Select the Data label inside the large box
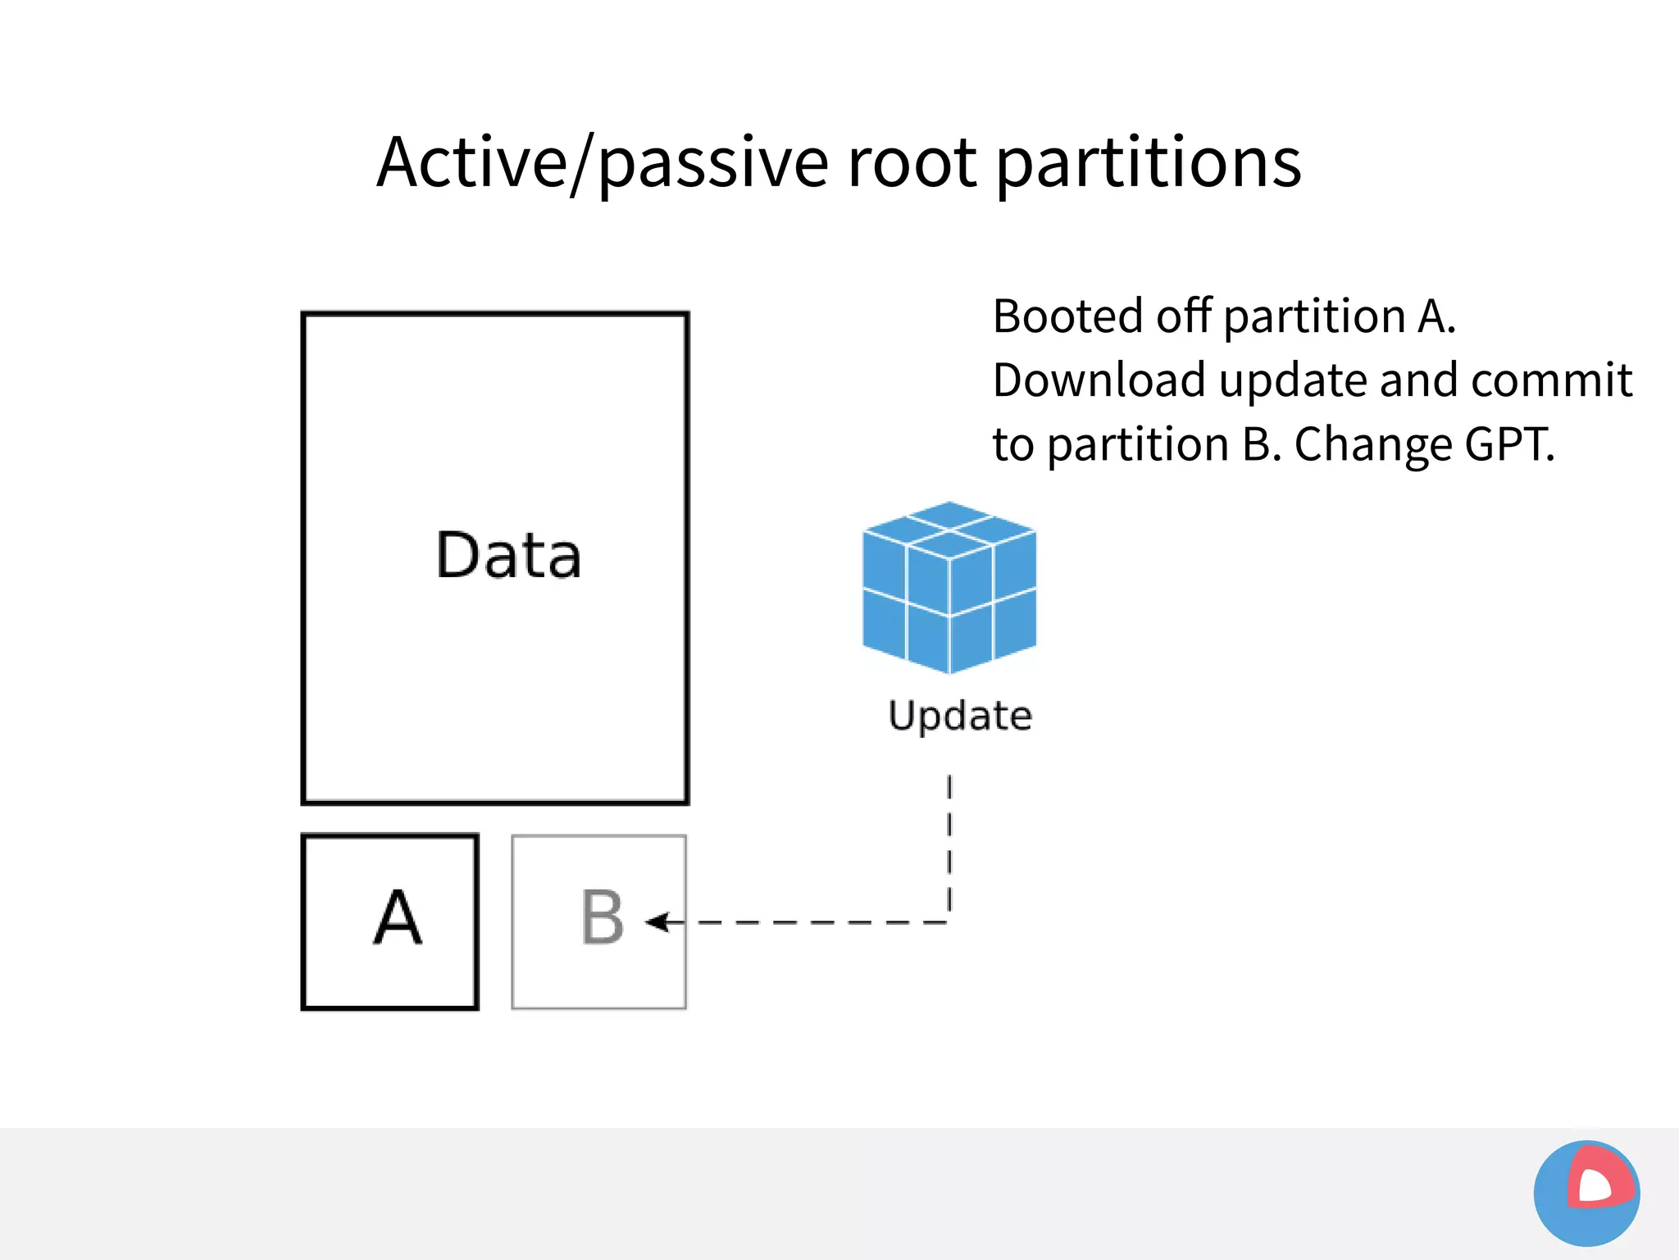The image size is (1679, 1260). point(508,556)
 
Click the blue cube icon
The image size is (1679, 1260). point(949,589)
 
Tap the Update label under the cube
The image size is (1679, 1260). point(960,715)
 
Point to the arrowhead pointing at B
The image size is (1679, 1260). point(656,922)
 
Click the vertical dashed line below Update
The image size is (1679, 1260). point(949,844)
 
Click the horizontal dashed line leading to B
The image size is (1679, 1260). point(820,922)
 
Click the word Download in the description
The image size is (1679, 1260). point(1099,380)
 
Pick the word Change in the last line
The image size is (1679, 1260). point(1372,444)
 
